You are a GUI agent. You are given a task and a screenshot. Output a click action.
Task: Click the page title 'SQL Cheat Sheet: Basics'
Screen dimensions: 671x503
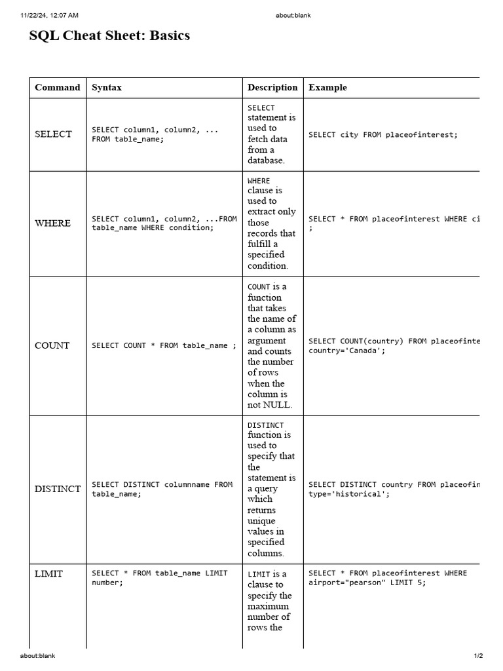(109, 36)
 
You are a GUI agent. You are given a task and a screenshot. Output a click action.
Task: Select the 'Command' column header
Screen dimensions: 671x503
(58, 87)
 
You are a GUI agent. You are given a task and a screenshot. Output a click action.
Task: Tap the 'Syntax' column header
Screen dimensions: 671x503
(107, 87)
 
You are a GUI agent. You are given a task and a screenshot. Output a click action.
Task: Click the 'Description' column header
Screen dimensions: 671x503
(272, 87)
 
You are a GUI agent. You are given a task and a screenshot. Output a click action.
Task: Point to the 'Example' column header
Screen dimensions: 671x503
(327, 87)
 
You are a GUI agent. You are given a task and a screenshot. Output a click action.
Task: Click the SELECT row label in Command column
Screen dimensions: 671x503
(53, 134)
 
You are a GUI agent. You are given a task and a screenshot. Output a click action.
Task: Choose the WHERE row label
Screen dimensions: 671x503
(52, 223)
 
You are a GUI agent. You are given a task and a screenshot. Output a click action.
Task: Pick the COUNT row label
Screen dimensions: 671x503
(52, 346)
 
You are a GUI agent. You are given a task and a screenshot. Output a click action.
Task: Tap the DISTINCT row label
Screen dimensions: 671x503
(58, 489)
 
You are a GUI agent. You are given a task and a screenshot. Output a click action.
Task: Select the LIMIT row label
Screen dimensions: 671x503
(49, 574)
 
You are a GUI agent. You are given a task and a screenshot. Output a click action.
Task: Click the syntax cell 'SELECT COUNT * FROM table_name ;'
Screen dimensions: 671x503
(164, 346)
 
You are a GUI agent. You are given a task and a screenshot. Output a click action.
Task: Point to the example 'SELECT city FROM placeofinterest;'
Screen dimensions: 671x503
(383, 135)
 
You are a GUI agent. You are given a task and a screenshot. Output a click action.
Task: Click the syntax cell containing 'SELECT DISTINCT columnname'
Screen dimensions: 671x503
(162, 489)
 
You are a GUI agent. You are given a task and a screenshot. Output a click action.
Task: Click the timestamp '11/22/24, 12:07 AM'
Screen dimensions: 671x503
(50, 15)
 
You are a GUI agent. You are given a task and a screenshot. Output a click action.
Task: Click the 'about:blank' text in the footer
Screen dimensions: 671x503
(38, 655)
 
